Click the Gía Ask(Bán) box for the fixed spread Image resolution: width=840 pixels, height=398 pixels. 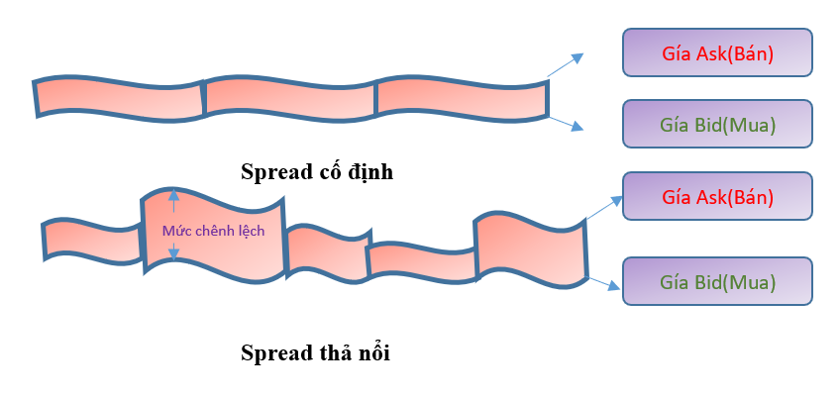[x=717, y=52]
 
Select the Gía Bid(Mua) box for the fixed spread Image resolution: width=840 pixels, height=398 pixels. [x=717, y=125]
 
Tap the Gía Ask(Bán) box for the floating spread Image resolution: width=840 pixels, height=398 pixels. [x=717, y=196]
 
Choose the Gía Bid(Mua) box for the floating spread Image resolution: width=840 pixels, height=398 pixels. [x=717, y=281]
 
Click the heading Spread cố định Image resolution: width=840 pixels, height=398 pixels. [x=317, y=171]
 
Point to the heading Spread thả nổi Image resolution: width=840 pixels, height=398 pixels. [x=316, y=352]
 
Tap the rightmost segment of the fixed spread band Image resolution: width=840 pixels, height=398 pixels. [x=462, y=99]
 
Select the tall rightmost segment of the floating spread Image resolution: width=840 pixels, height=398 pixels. [x=530, y=249]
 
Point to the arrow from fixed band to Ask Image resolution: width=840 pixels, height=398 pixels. [x=566, y=64]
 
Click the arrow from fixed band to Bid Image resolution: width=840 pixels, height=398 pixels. [x=566, y=122]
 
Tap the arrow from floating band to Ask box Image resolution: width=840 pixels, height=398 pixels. [x=603, y=207]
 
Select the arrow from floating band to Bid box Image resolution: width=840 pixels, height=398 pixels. [x=603, y=285]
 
